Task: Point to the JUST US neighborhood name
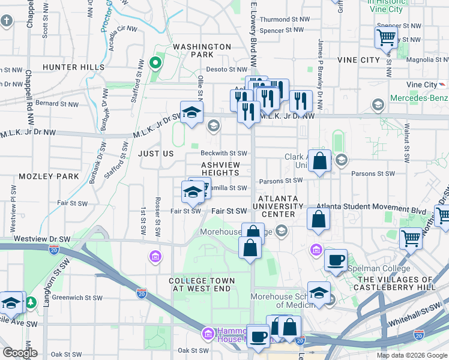[156, 154]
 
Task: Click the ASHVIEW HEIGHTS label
[220, 169]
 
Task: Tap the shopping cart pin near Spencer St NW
[386, 37]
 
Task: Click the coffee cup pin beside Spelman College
[336, 260]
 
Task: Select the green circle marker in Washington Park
[155, 62]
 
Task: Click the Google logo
[19, 352]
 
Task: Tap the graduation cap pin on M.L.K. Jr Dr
[191, 113]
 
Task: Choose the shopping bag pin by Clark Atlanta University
[319, 161]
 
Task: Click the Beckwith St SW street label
[224, 154]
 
